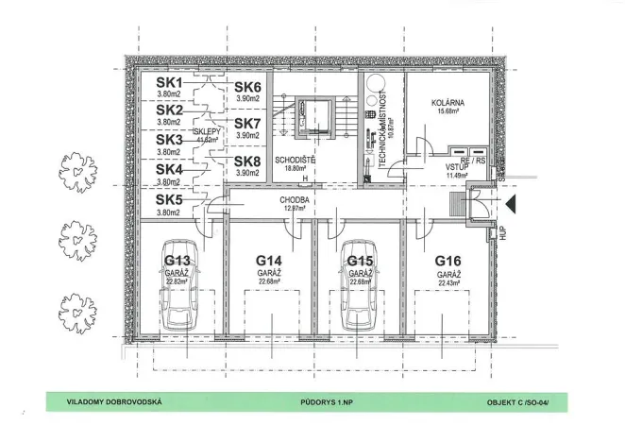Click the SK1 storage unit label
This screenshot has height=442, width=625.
[x=169, y=82]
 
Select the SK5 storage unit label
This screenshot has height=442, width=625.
[x=169, y=199]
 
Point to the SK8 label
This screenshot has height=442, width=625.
[x=247, y=161]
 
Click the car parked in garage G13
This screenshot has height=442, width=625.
[x=179, y=303]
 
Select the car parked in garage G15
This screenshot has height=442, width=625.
[x=359, y=303]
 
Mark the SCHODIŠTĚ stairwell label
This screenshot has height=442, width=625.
[x=295, y=160]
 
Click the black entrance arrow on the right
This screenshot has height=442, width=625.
[x=508, y=202]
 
